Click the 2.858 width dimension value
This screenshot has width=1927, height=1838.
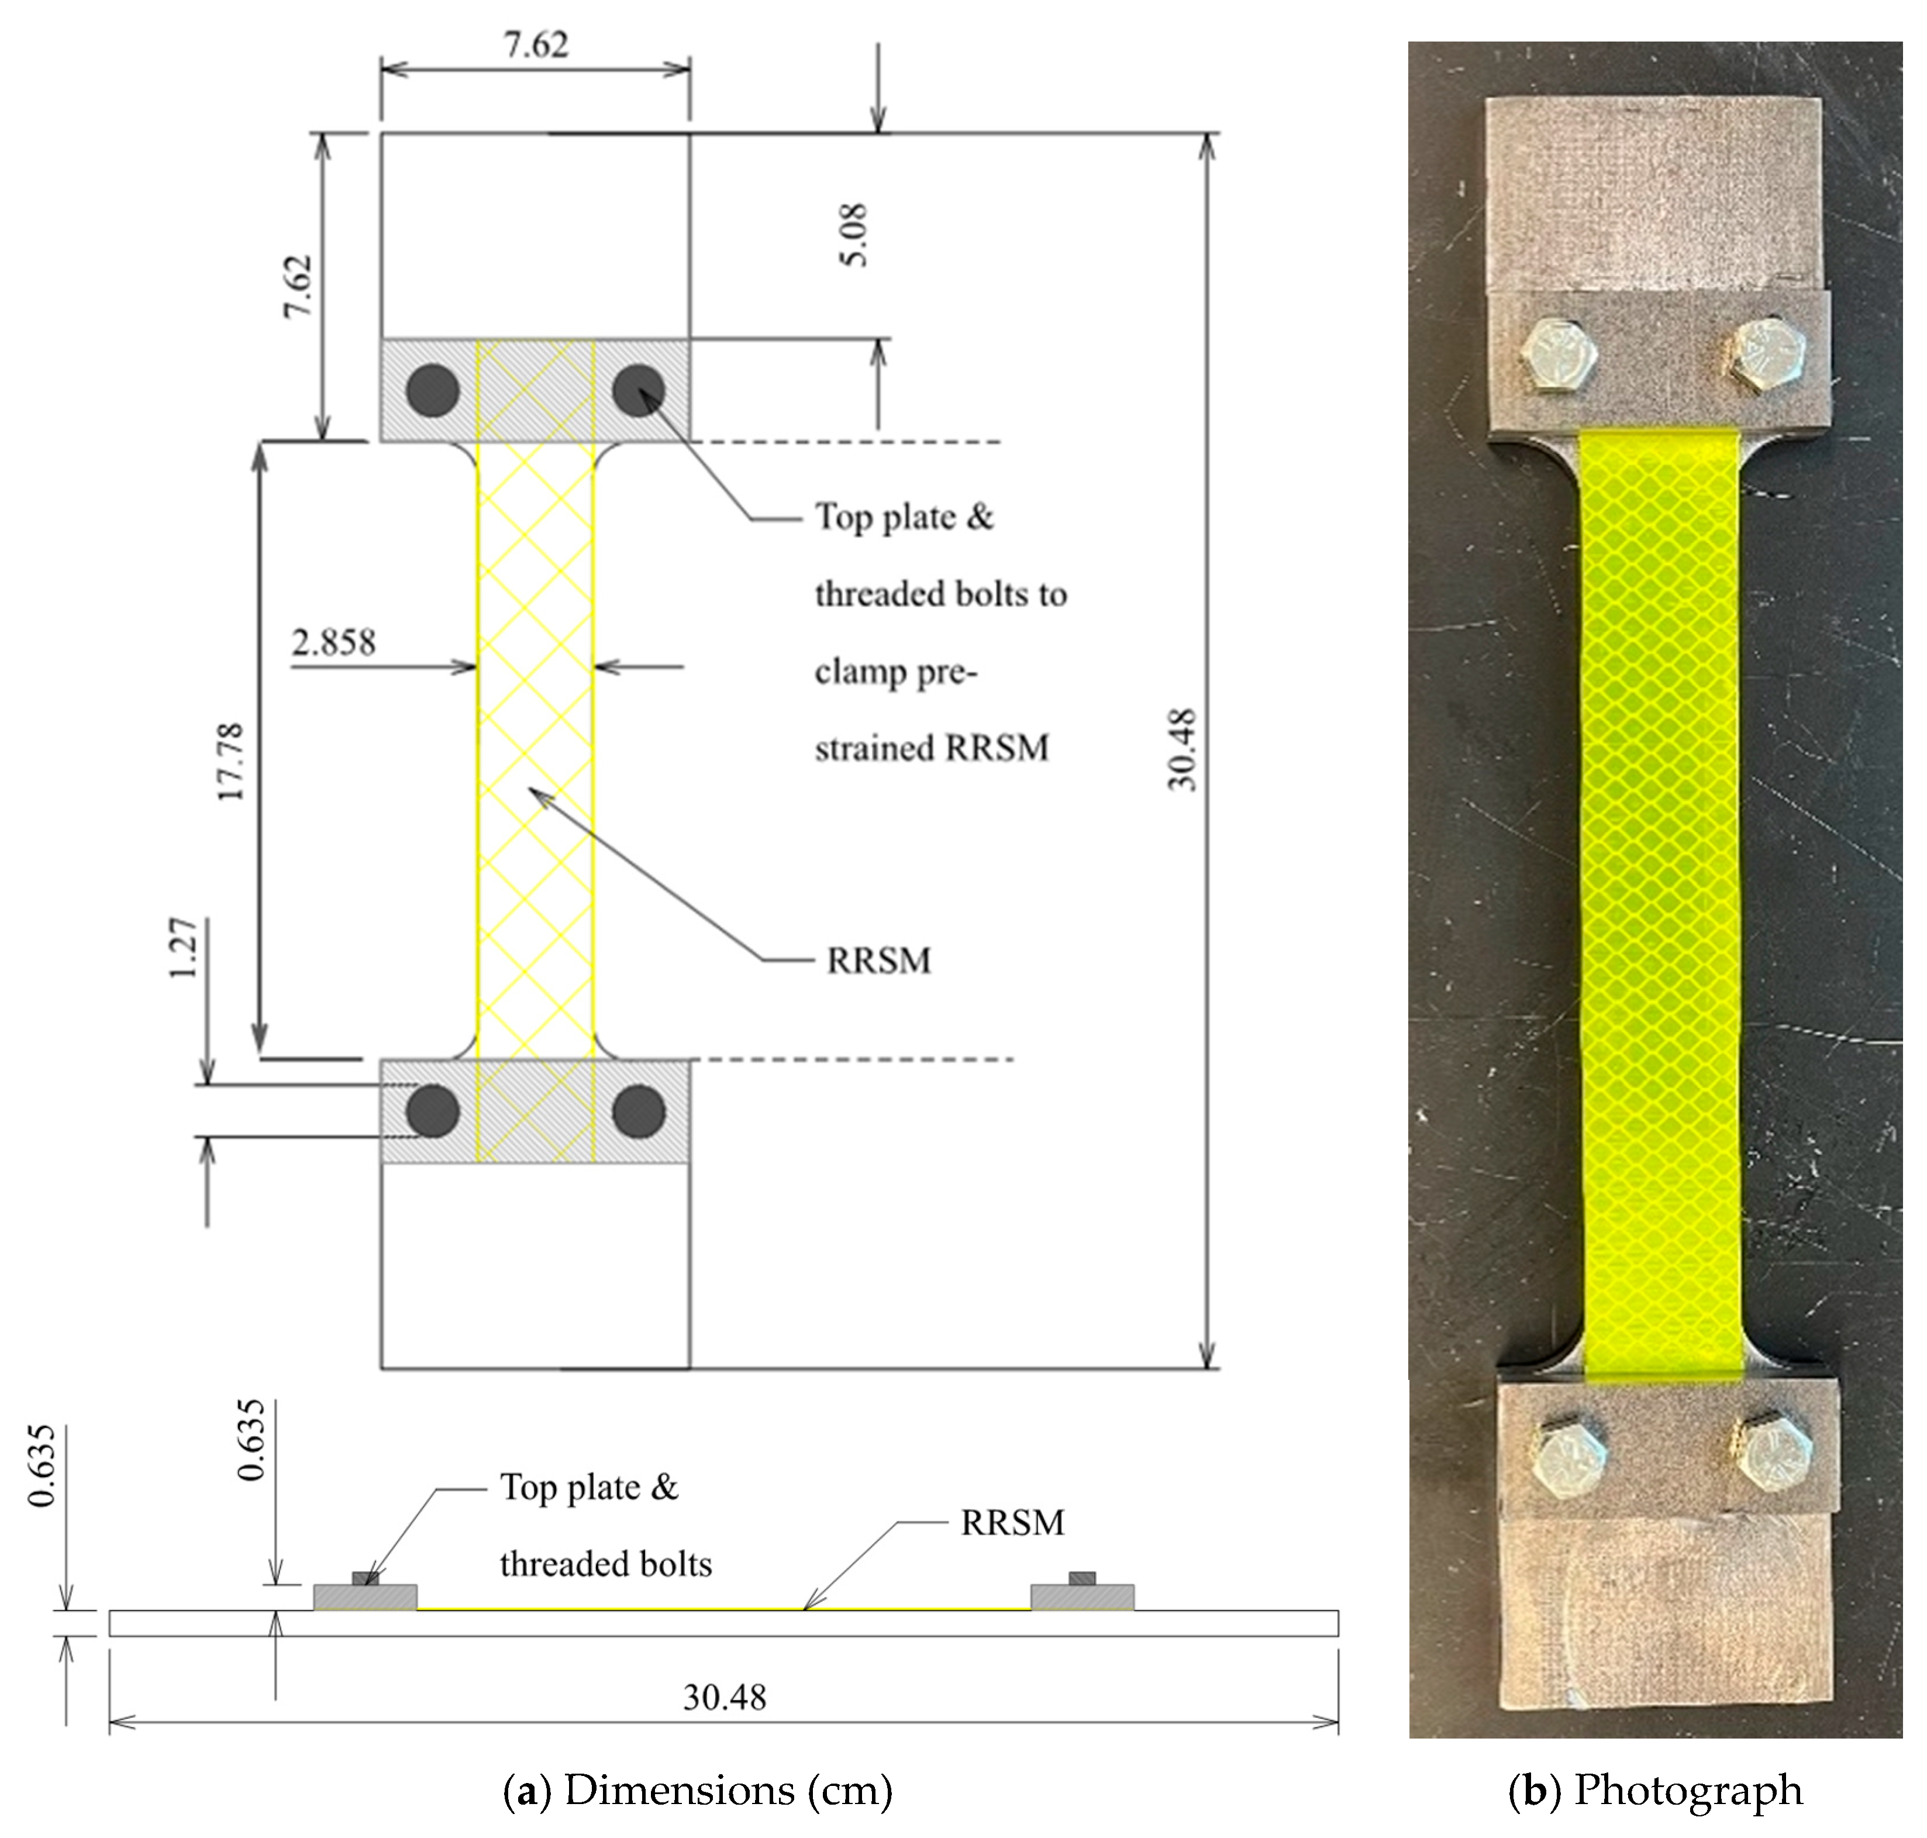tap(333, 643)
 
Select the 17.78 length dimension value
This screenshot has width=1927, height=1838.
tap(230, 761)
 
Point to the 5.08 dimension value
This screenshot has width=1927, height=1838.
tap(853, 235)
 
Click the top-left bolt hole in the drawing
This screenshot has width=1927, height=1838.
tap(433, 391)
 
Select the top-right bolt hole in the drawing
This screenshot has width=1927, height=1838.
tap(639, 391)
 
